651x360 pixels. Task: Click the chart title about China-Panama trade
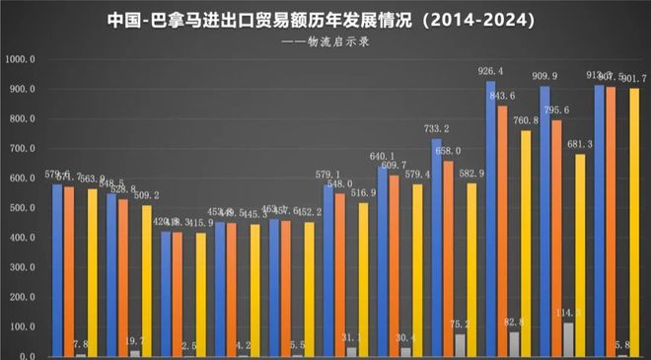point(325,20)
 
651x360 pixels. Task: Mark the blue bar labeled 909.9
point(544,221)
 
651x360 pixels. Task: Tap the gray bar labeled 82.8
point(514,344)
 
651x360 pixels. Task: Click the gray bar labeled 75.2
point(460,345)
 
